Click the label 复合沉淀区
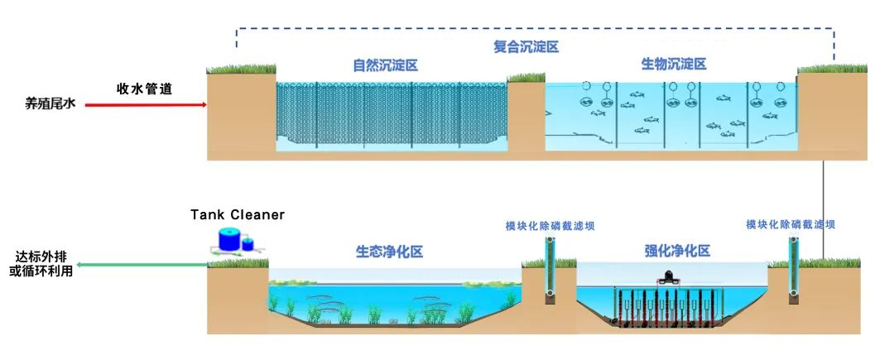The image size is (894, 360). (526, 47)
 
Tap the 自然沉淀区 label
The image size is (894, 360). (385, 65)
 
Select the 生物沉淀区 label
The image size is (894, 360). (674, 65)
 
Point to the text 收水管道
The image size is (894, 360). (144, 89)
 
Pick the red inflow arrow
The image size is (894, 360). (145, 105)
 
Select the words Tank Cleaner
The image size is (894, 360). (238, 215)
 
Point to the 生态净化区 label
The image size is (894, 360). (389, 252)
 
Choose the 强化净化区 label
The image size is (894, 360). (677, 252)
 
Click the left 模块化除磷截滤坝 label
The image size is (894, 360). (550, 225)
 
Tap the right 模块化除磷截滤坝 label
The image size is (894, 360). (791, 224)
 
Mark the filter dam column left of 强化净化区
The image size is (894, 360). (550, 269)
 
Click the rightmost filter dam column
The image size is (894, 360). (792, 269)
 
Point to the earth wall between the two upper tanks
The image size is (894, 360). (526, 116)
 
